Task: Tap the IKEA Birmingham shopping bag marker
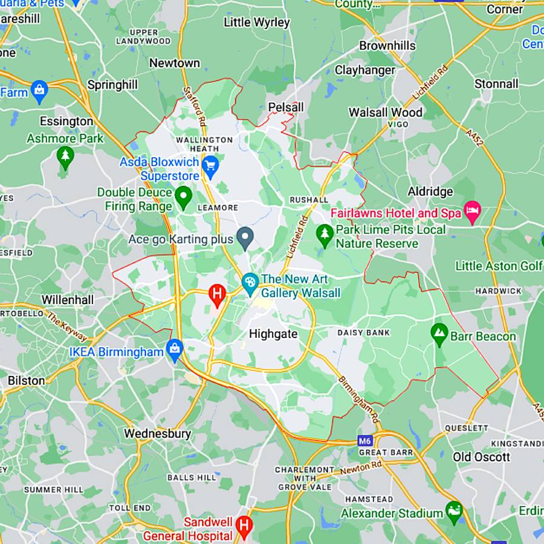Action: (x=175, y=350)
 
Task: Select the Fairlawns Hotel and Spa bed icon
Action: (x=471, y=212)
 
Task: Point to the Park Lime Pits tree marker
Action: (x=325, y=235)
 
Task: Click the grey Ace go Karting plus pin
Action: (x=244, y=238)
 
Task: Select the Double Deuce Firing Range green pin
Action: (x=183, y=196)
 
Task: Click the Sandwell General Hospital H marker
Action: (x=244, y=525)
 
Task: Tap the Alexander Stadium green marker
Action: (x=454, y=512)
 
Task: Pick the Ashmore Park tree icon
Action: (x=65, y=157)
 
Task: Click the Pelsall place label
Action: (x=285, y=107)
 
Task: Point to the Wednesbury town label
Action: (x=157, y=433)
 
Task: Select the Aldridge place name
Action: (x=430, y=192)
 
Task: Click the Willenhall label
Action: (x=68, y=299)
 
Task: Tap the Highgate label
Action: (x=273, y=334)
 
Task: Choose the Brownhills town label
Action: (x=387, y=46)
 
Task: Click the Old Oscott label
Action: (x=482, y=457)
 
